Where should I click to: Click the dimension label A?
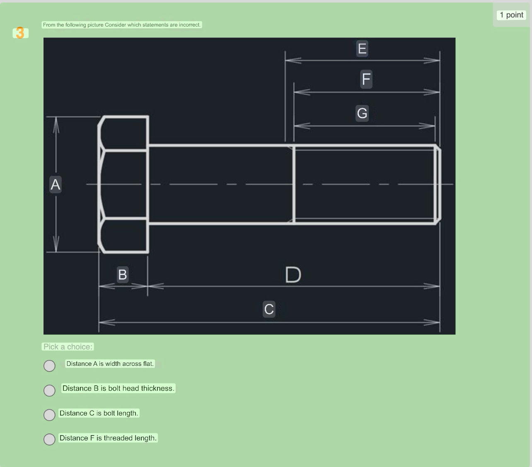[56, 184]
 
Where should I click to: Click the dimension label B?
[122, 275]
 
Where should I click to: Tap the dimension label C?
[269, 309]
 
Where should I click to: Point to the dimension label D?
[293, 275]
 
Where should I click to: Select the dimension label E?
[362, 49]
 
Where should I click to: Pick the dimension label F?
[366, 79]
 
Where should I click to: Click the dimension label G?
[362, 113]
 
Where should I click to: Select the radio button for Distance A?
[49, 365]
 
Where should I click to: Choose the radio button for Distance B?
[49, 390]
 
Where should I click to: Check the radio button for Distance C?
[49, 415]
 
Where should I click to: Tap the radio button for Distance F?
[49, 439]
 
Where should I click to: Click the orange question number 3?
[20, 33]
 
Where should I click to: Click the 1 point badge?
[511, 15]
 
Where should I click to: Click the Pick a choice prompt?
[68, 347]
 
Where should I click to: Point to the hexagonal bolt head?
[123, 184]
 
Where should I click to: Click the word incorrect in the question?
[189, 25]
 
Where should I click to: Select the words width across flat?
[129, 364]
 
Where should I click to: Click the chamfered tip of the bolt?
[438, 184]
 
